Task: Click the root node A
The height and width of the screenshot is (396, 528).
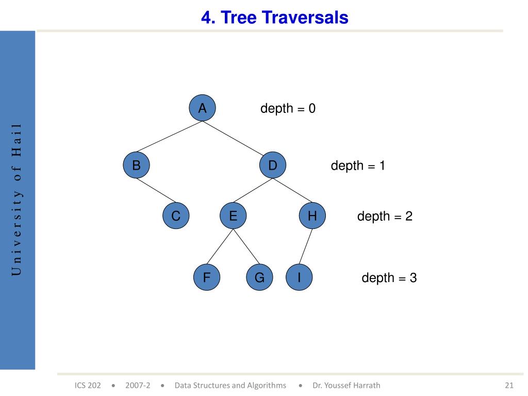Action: coord(202,108)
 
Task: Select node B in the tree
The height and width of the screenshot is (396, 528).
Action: coord(136,165)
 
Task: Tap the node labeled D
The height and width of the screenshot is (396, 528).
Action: coord(273,165)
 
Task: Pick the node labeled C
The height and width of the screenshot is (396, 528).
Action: coord(176,216)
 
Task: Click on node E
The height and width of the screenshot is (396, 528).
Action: coord(233,216)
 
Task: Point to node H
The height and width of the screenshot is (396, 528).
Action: coord(312,216)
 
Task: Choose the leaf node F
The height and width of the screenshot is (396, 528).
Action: coord(207,277)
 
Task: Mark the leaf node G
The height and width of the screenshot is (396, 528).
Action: coord(260,277)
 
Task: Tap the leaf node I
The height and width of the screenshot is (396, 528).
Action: coord(299,277)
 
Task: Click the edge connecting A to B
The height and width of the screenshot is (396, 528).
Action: coord(169,136)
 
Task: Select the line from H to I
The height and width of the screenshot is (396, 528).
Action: coord(306,246)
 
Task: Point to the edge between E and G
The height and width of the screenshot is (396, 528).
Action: coord(246,246)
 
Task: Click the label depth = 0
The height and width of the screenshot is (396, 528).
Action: coord(288,108)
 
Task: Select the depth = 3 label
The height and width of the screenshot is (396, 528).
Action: coord(389,278)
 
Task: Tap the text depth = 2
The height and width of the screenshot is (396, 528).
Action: coord(385,216)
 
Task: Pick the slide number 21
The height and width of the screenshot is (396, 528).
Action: coord(509,385)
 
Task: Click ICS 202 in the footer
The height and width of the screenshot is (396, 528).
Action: coord(88,385)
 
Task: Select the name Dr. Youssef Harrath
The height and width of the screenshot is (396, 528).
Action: coord(346,385)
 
